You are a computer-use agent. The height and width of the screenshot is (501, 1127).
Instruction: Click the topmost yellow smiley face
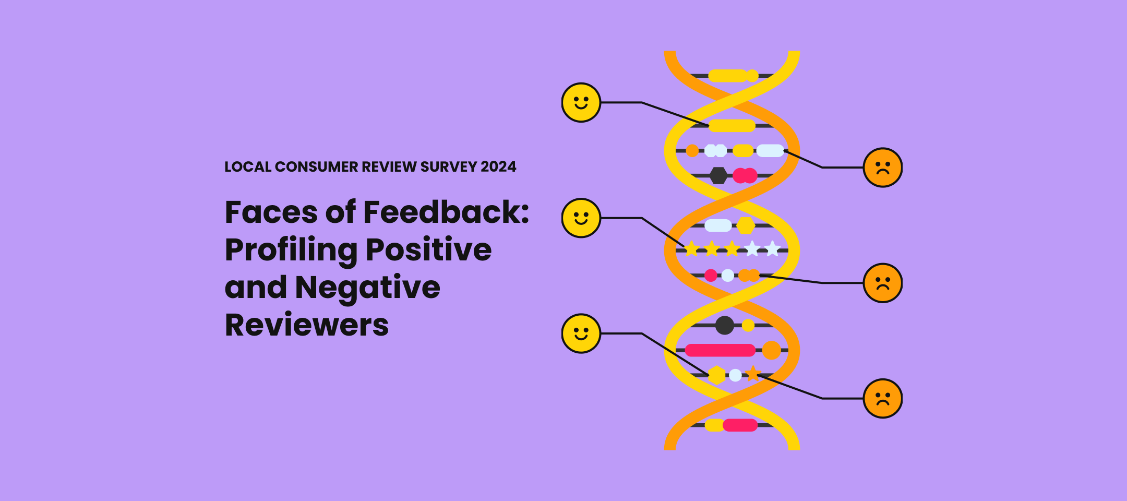pyautogui.click(x=581, y=102)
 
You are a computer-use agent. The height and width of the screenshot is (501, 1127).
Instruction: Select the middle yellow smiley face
pyautogui.click(x=581, y=218)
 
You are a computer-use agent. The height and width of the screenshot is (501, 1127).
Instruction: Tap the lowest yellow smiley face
pyautogui.click(x=581, y=333)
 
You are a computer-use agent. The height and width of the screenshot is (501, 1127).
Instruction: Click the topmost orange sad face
pyautogui.click(x=882, y=168)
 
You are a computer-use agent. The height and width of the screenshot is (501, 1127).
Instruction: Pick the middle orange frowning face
pyautogui.click(x=882, y=283)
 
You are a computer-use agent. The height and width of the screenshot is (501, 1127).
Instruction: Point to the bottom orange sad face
pyautogui.click(x=882, y=398)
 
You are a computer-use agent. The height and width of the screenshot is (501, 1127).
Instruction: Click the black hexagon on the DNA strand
pyautogui.click(x=718, y=175)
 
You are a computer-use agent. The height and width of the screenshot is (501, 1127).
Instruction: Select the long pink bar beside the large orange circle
pyautogui.click(x=720, y=350)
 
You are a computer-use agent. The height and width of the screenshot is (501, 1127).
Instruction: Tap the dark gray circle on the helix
pyautogui.click(x=724, y=325)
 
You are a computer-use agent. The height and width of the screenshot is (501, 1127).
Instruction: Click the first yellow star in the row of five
pyautogui.click(x=692, y=249)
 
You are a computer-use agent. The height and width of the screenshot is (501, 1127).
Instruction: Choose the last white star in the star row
pyautogui.click(x=772, y=249)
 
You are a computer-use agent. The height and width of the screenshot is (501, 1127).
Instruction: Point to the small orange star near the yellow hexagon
pyautogui.click(x=753, y=374)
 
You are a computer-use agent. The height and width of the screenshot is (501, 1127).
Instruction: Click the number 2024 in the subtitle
pyautogui.click(x=498, y=167)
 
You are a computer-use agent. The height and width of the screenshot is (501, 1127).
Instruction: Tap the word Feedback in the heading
pyautogui.click(x=446, y=212)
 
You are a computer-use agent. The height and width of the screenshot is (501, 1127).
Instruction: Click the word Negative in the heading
pyautogui.click(x=367, y=288)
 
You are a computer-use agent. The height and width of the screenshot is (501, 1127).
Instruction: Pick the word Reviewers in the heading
pyautogui.click(x=307, y=325)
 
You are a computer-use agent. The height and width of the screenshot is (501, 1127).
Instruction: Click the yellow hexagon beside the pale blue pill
pyautogui.click(x=746, y=225)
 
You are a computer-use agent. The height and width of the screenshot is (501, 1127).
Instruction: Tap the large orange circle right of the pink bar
pyautogui.click(x=771, y=350)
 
